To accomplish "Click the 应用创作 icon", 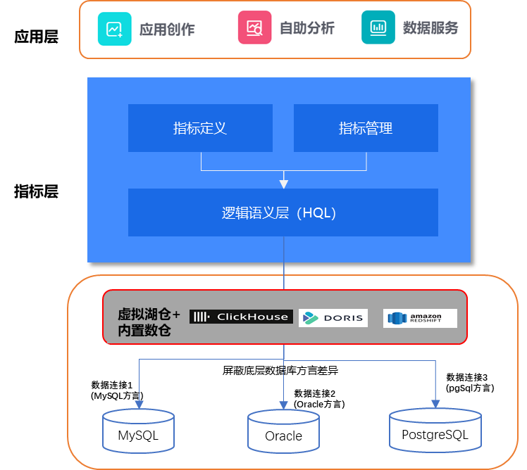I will point(114,29).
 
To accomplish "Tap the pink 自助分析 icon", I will point(254,28).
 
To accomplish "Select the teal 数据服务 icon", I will point(378,28).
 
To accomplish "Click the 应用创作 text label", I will point(167,30).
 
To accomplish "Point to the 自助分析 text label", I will point(307,29).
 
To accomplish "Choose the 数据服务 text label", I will point(430,28).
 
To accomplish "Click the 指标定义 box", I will point(200,128).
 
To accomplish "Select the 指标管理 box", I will point(366,128).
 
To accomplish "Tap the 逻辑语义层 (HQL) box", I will point(283,212).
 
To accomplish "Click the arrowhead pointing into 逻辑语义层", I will point(284,184).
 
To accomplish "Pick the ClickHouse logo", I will point(240,317).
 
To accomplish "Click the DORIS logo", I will point(333,318).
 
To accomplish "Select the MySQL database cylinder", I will point(138,431).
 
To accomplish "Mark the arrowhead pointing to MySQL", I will point(139,404).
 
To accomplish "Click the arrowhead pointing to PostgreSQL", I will point(435,403).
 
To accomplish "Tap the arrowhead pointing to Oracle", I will point(283,405).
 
